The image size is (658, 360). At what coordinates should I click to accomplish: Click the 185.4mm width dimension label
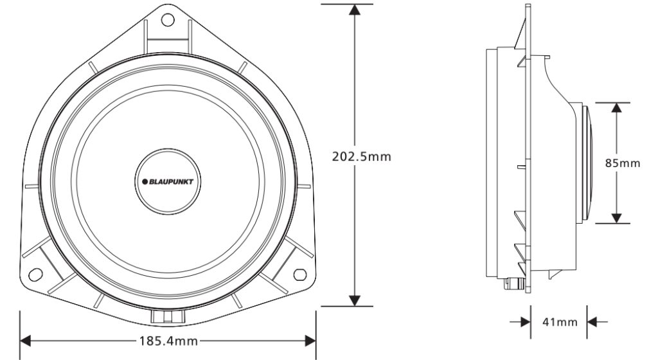168,340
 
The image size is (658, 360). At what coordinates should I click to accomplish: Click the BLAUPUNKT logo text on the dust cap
171,181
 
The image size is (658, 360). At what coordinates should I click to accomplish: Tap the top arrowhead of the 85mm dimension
617,108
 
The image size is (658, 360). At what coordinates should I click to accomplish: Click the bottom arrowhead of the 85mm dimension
617,217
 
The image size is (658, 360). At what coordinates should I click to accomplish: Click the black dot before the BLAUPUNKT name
145,181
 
